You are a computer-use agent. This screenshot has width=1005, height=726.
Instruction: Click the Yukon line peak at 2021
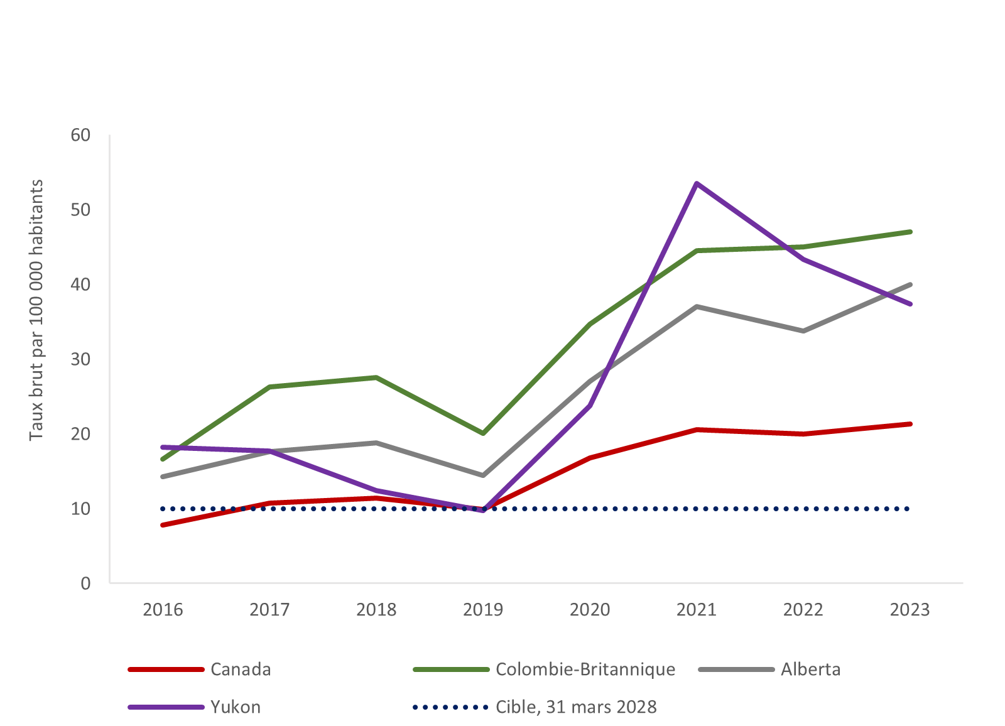tap(697, 183)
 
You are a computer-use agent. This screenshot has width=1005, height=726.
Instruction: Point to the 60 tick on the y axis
tap(80, 135)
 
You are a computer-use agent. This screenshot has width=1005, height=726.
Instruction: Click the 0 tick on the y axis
tap(85, 583)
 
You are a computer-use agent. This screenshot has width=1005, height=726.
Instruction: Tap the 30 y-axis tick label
tap(80, 359)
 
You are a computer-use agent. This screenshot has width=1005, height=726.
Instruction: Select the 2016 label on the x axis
tap(163, 610)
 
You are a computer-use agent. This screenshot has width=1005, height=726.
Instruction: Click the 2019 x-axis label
tap(483, 610)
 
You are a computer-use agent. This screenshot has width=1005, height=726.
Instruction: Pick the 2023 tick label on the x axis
tap(910, 610)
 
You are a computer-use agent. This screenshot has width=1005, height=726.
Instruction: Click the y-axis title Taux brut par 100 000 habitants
tap(36, 310)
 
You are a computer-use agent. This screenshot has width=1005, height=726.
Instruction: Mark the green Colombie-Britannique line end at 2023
tap(910, 232)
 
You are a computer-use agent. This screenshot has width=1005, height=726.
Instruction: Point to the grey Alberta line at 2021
tap(697, 306)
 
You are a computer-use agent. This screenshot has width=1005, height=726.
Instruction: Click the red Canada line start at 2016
tap(163, 524)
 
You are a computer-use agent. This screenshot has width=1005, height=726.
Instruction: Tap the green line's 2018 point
tap(376, 377)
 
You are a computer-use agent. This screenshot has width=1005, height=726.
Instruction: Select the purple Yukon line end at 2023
tap(910, 304)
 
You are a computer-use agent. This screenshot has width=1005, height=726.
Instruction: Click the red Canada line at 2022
tap(803, 434)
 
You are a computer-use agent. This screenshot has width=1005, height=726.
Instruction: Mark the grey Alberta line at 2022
tap(803, 331)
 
